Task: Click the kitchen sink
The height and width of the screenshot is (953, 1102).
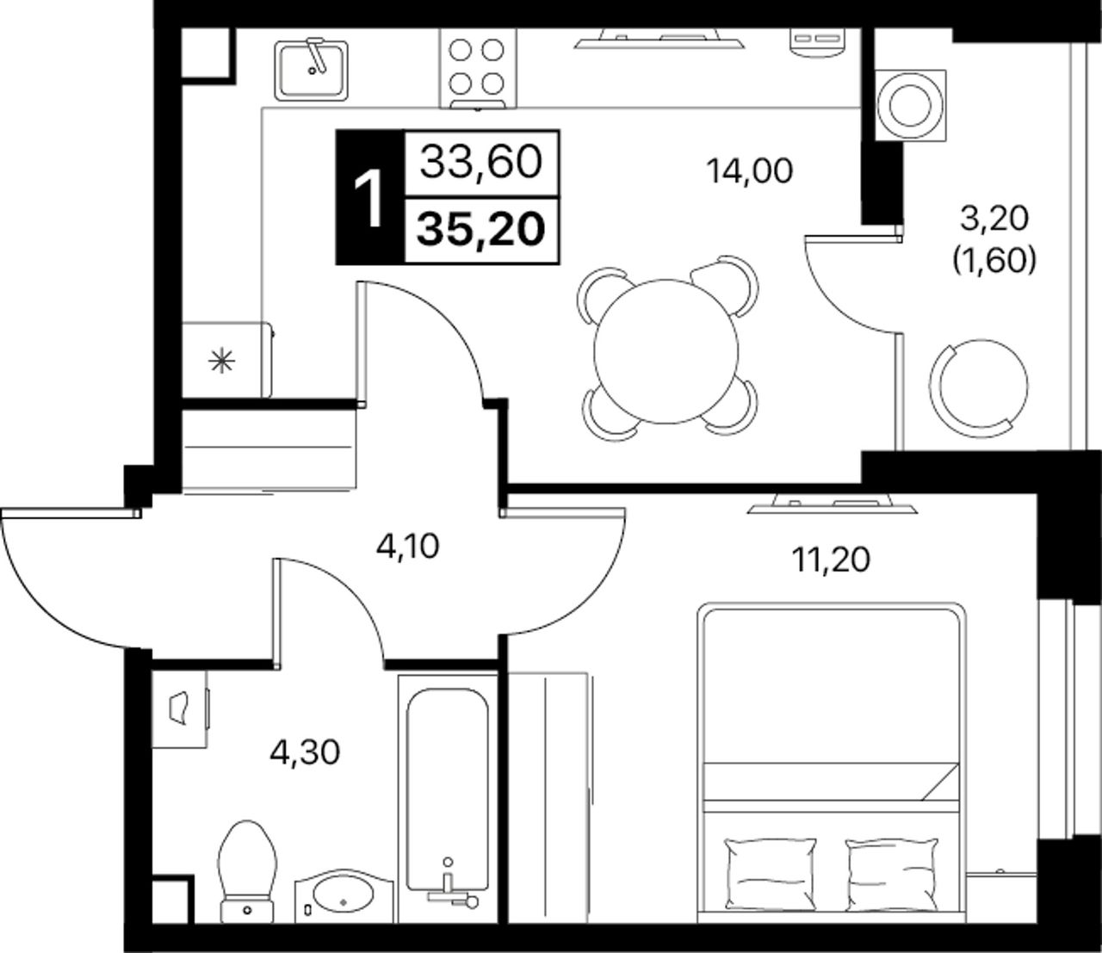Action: click(x=312, y=71)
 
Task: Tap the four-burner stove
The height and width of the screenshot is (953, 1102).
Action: click(x=478, y=69)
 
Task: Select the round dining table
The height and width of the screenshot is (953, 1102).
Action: click(x=666, y=351)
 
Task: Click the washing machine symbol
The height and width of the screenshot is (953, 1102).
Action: click(x=911, y=104)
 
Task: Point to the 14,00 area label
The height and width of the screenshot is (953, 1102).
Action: click(x=749, y=171)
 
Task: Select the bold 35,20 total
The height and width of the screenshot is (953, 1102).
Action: click(x=481, y=230)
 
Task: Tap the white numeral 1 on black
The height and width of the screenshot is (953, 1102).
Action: click(x=369, y=198)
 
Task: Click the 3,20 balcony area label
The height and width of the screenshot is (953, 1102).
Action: click(x=994, y=219)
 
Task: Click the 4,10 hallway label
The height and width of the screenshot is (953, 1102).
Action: click(x=408, y=547)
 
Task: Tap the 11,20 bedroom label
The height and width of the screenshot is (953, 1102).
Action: click(x=831, y=560)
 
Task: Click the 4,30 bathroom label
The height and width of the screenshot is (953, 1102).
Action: click(x=305, y=753)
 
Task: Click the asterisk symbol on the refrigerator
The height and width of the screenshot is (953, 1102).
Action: click(x=221, y=362)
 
